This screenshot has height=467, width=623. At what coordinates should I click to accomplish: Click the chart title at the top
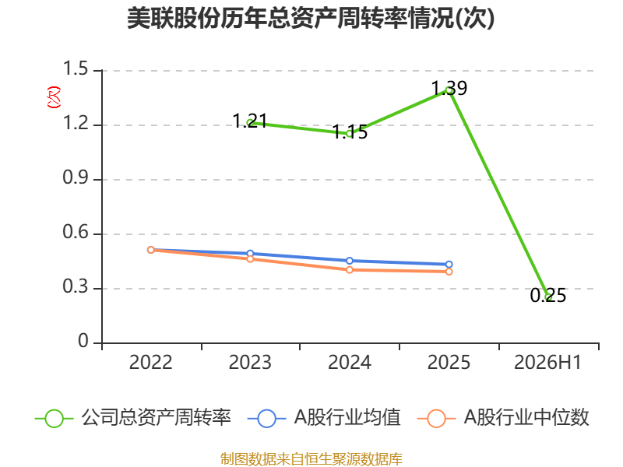[311, 18]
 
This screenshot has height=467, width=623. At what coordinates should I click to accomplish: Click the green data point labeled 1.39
[449, 90]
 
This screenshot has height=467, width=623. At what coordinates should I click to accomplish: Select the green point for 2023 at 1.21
[250, 123]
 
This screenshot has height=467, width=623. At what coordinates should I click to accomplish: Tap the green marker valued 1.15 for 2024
[350, 134]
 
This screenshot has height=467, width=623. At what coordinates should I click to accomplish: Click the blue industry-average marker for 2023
[250, 254]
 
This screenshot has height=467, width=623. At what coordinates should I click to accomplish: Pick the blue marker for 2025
[449, 265]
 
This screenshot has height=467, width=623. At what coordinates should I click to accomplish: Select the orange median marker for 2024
[350, 270]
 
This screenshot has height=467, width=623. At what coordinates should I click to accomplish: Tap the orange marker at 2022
[150, 250]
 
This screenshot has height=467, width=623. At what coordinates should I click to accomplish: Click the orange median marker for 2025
[449, 272]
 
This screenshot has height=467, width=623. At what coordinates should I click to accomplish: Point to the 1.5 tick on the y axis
[76, 68]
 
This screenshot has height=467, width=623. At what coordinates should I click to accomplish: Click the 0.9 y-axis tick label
[76, 177]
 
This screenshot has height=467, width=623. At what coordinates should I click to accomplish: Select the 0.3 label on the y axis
[76, 286]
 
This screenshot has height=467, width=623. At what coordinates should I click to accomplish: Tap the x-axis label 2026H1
[548, 363]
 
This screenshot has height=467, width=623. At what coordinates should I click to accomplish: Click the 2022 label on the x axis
[150, 363]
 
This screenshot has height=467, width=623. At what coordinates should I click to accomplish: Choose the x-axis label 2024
[350, 363]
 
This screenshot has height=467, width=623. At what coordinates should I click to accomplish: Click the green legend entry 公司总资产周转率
[133, 418]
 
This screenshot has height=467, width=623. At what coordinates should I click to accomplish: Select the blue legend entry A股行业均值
[324, 418]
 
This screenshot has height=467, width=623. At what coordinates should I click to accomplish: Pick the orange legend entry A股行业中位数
[503, 418]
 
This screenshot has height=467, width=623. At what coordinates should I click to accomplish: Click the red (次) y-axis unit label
[54, 97]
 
